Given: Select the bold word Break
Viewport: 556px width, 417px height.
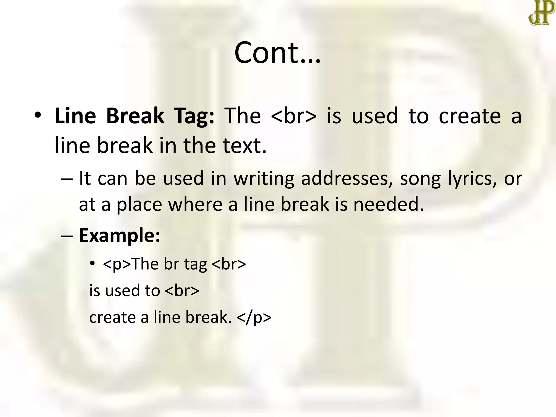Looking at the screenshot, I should (x=135, y=116).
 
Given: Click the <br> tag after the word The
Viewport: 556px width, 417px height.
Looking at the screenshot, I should (x=294, y=116).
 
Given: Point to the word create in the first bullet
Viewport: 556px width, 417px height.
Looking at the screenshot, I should (x=470, y=116).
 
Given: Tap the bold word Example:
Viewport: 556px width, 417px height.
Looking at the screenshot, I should (x=119, y=236).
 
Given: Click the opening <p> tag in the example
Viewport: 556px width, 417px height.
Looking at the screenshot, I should (x=117, y=264).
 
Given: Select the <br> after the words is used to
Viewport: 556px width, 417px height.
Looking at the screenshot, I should (x=182, y=290).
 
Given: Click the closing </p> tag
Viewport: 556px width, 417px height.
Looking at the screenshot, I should (x=254, y=317).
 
